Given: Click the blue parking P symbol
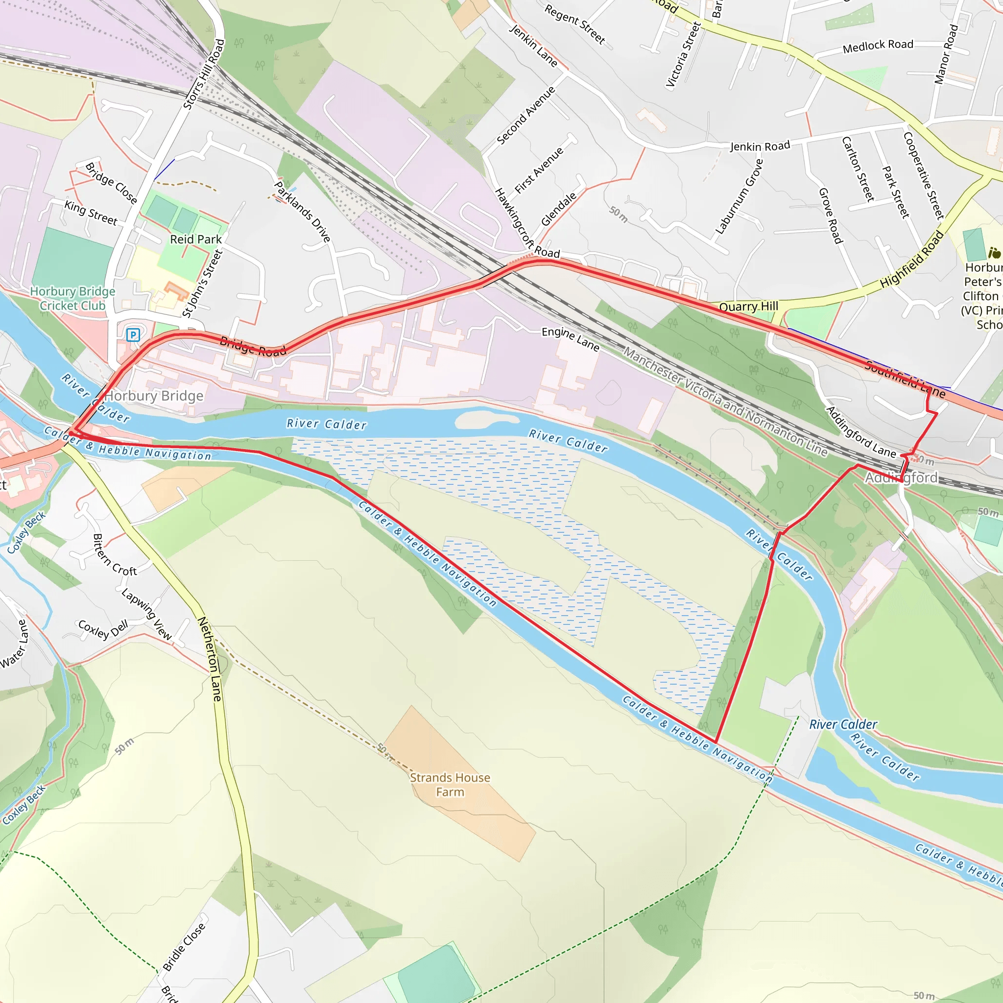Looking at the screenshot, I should [x=133, y=335].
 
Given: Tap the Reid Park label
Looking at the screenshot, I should [x=196, y=239].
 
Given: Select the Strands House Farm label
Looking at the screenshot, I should [x=450, y=785].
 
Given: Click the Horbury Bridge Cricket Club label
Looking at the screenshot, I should [x=72, y=299].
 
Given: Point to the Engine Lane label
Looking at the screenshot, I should [x=570, y=338].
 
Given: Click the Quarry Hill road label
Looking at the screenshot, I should [x=748, y=306].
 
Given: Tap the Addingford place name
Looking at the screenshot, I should [x=901, y=478].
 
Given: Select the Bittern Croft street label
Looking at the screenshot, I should [x=114, y=555].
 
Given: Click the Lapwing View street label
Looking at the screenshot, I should [x=146, y=614].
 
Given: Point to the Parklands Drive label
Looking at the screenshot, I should [x=302, y=211].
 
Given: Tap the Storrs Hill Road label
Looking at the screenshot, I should [x=204, y=74].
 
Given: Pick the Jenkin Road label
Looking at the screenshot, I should [x=760, y=146].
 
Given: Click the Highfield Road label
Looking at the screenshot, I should [x=911, y=260].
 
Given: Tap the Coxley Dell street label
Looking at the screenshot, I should [x=103, y=629].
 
